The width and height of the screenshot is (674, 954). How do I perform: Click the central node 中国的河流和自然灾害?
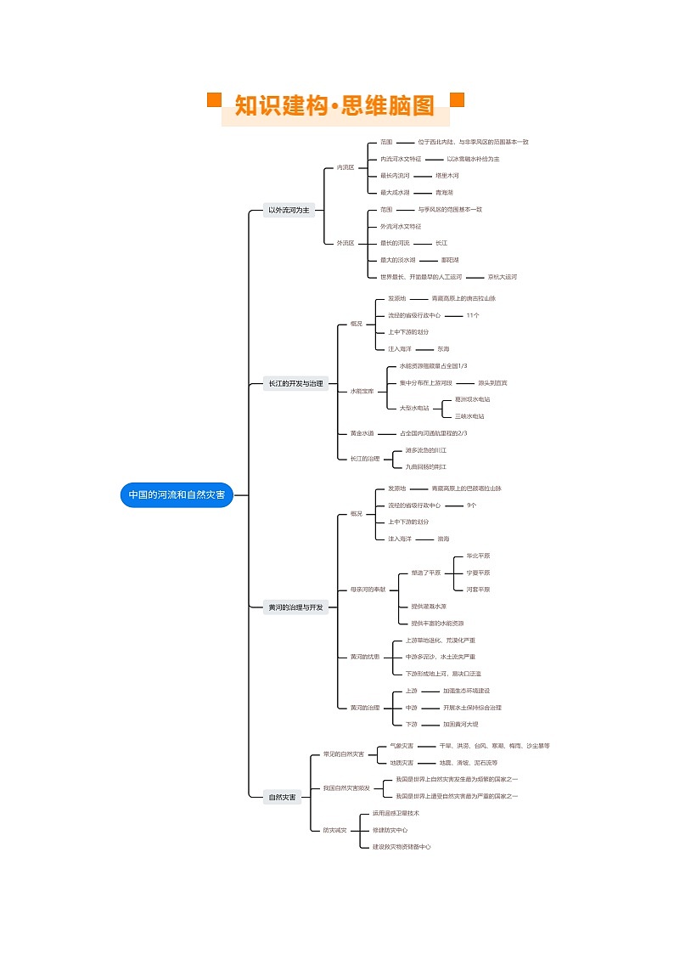177,495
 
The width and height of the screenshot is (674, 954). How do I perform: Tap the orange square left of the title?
215,100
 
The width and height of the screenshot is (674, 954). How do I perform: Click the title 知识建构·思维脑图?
334,106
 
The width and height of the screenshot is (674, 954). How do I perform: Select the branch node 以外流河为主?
289,210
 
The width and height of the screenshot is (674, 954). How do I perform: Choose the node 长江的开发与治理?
295,384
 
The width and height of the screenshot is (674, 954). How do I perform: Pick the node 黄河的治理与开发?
295,607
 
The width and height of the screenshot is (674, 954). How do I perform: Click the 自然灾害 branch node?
283,797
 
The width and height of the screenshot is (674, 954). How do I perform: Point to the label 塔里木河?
447,176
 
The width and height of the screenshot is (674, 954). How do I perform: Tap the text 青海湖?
445,193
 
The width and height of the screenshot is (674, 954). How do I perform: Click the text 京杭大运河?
503,277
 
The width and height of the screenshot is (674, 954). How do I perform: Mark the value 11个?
473,315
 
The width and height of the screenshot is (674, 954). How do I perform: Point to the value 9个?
472,505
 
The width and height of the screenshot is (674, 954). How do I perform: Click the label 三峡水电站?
469,416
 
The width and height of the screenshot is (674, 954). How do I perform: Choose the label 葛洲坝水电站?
472,399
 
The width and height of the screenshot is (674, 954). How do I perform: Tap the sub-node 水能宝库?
362,391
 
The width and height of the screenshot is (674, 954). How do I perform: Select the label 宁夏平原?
478,573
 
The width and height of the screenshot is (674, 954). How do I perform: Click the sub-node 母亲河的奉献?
368,590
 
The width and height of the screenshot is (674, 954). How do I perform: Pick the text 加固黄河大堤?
461,724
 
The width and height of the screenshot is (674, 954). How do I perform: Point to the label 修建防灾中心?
390,830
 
